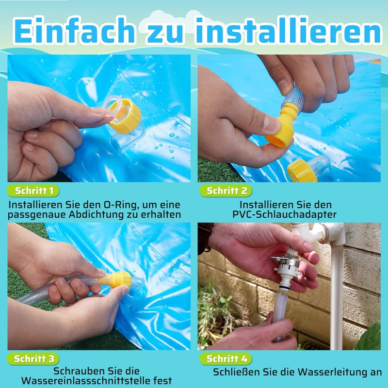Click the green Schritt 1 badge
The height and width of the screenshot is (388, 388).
point(33,191)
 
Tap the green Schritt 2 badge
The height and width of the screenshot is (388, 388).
point(226,191)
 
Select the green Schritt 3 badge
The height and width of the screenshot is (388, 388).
point(33,359)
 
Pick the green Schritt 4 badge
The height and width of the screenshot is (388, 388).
point(226,359)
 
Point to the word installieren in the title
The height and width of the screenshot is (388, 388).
point(288,31)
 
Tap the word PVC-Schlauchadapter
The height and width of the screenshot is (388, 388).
point(284,214)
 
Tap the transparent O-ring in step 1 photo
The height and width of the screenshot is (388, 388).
point(113,108)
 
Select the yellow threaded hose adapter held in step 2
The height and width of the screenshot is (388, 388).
point(283,126)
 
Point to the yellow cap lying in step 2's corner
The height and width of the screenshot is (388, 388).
point(302,171)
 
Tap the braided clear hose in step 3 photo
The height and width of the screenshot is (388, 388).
point(57,290)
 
